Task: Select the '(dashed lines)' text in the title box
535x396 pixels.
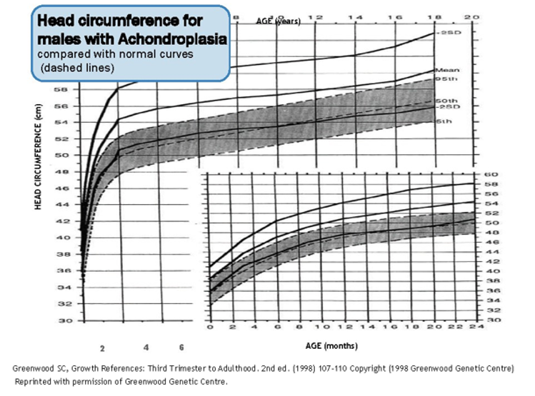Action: (x=78, y=68)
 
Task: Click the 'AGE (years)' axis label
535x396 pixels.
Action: (x=279, y=21)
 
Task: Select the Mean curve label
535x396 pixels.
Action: (x=445, y=70)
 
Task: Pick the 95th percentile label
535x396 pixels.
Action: (x=446, y=78)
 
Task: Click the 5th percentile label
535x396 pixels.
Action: (x=444, y=121)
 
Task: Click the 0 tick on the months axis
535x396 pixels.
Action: (x=210, y=328)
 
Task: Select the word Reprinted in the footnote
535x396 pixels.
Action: (x=35, y=382)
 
